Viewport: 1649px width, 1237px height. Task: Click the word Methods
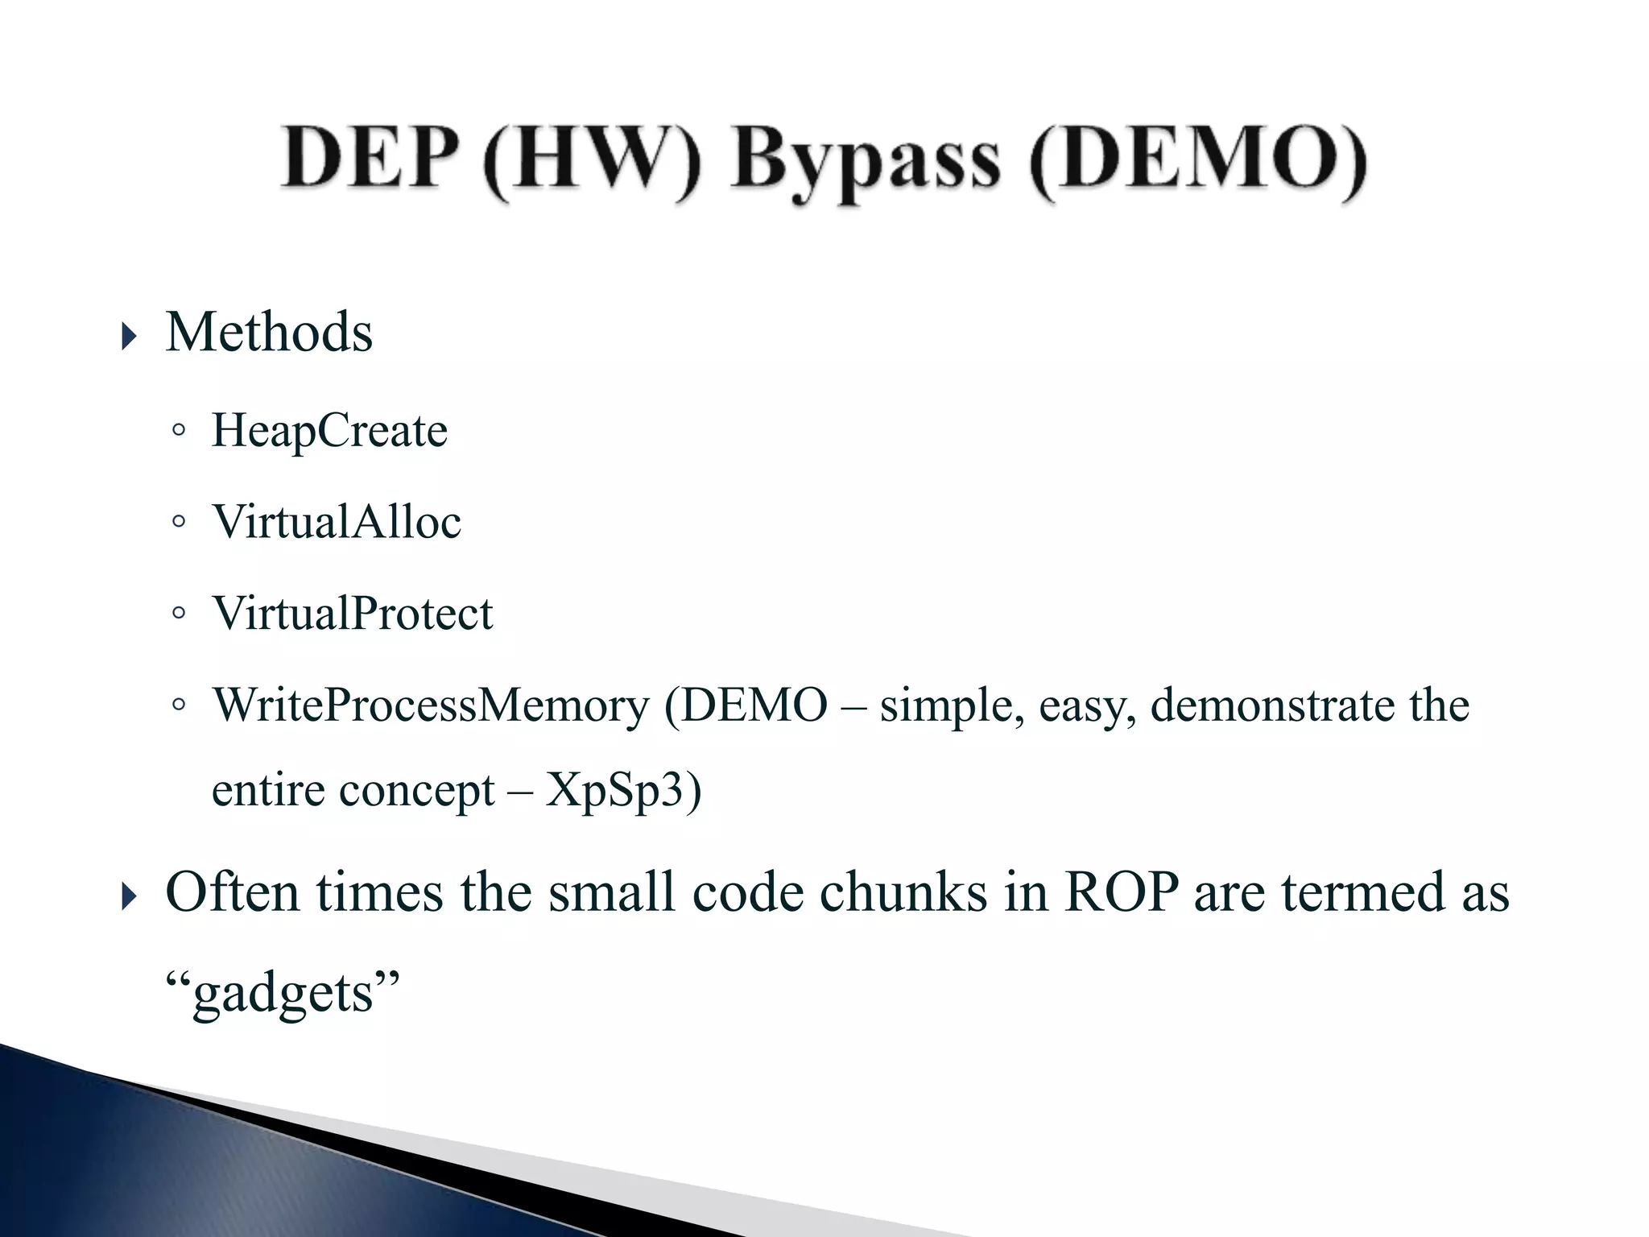269,332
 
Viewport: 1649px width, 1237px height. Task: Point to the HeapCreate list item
329,430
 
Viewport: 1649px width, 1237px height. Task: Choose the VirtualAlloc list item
337,521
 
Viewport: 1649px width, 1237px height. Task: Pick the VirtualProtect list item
352,613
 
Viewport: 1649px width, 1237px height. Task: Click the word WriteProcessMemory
431,705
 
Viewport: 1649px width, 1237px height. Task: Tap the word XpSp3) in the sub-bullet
623,790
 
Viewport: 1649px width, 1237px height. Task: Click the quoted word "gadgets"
282,991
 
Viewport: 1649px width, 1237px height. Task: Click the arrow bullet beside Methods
129,334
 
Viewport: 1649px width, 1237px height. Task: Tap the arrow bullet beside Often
129,895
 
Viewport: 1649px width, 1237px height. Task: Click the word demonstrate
1271,705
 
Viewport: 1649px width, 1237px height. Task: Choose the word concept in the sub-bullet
416,790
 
